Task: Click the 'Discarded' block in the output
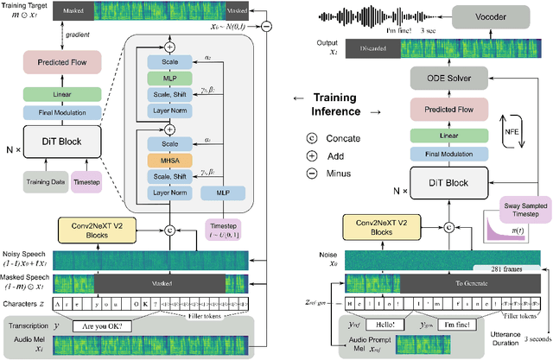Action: tap(370, 50)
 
